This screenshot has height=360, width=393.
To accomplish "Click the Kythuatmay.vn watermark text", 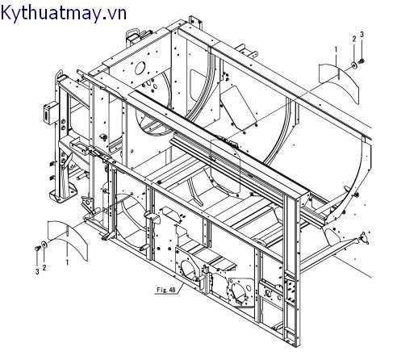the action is coord(63,13).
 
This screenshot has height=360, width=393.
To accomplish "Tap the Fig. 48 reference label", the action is coord(166,290).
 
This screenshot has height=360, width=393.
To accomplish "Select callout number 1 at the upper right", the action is coord(336,49).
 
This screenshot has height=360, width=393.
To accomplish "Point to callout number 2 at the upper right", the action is coord(354,39).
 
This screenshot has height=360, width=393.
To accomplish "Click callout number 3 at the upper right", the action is coord(362,35).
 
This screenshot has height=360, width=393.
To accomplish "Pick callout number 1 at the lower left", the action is coord(67,262).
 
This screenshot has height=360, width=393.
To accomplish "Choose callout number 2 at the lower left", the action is coord(44,267).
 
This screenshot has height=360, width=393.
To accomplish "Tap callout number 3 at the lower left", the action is coord(37,272).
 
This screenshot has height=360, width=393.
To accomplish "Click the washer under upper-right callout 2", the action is coord(354,65).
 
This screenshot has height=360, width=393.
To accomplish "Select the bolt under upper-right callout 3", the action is coord(362,61).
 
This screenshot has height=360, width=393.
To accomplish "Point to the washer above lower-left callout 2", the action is coord(44,245).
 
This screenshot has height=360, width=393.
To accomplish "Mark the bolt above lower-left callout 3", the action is coord(37,249).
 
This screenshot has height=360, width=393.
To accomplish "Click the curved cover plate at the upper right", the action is coord(338,81).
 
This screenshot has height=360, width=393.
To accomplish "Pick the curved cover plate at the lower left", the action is coord(67,238).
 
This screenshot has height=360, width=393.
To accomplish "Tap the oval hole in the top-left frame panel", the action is coord(140,69).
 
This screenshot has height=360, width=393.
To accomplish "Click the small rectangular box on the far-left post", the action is coord(50,113).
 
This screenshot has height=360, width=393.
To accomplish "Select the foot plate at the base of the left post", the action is coord(63,193).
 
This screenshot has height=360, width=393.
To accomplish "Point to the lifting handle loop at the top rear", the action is coord(133,35).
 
